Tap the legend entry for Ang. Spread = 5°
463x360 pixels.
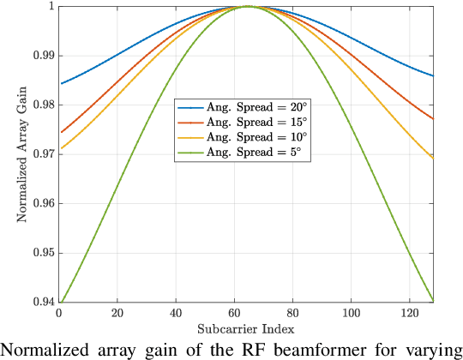243,151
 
